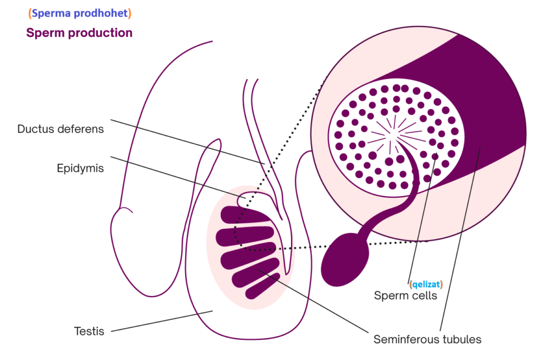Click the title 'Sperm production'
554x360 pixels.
click(79, 32)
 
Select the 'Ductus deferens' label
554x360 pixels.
click(60, 129)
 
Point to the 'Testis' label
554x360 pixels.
click(89, 330)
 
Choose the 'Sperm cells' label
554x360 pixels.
click(405, 296)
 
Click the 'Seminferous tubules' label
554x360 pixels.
click(427, 339)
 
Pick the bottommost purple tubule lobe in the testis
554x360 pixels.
click(262, 286)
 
